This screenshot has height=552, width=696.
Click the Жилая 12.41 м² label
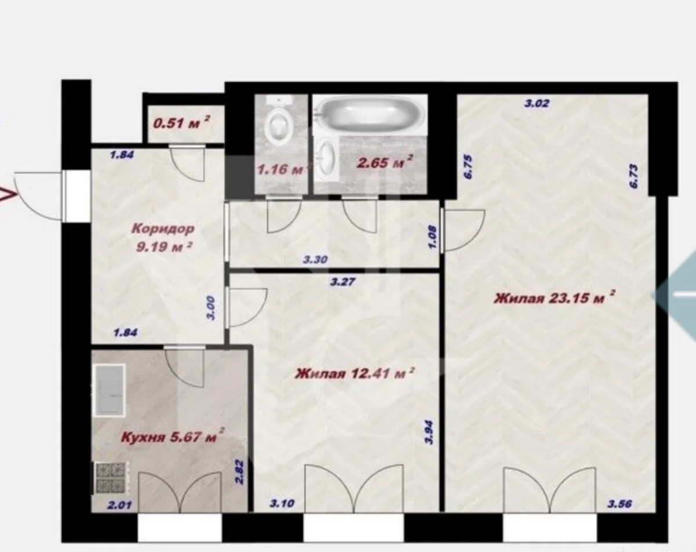[x=354, y=373]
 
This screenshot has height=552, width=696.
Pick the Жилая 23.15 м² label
[x=554, y=297]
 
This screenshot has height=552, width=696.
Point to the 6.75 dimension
[x=468, y=167]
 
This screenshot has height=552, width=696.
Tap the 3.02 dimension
[x=537, y=103]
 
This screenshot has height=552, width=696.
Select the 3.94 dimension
[x=430, y=432]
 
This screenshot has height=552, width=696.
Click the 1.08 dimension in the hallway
[x=433, y=237]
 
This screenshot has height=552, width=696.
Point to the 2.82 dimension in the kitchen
[x=240, y=472]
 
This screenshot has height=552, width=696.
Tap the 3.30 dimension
[x=316, y=260]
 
